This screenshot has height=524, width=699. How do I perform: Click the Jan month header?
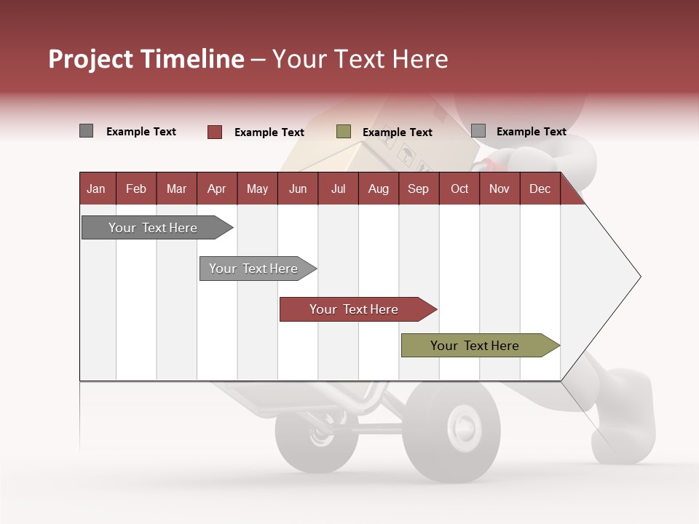[96, 188]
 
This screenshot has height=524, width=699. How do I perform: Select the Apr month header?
[216, 188]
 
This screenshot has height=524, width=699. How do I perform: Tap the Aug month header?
[378, 188]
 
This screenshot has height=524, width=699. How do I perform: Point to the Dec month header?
[540, 188]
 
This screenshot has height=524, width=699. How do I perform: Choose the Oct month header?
[459, 188]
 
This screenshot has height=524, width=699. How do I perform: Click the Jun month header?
[297, 188]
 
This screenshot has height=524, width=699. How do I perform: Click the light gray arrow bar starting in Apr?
[255, 269]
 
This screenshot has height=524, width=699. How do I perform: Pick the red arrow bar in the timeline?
[355, 309]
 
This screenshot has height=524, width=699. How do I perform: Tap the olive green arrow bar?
[477, 346]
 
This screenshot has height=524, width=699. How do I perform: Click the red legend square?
[215, 132]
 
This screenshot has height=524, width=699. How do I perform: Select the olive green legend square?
[344, 132]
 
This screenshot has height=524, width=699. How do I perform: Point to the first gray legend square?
[87, 131]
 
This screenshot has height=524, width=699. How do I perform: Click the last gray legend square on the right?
[478, 131]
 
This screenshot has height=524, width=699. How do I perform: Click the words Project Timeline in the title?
[146, 59]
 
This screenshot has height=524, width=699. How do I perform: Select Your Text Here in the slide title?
[360, 59]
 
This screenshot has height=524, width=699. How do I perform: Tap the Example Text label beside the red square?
[269, 132]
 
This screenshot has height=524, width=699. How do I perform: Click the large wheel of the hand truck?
[451, 430]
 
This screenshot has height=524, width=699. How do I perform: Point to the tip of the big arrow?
[639, 277]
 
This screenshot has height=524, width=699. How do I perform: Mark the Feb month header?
[135, 188]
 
